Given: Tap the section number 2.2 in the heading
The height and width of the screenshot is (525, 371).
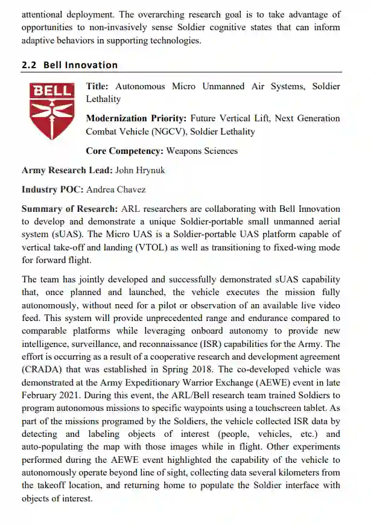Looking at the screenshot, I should pyautogui.click(x=30, y=65).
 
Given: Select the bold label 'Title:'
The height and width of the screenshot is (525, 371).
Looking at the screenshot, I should pyautogui.click(x=97, y=87).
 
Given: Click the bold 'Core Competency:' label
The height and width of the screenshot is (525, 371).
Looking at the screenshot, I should pyautogui.click(x=124, y=151).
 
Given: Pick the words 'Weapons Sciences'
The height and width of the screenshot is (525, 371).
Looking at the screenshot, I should pyautogui.click(x=201, y=151).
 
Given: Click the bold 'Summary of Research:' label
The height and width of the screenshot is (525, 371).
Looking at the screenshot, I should pyautogui.click(x=69, y=209).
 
